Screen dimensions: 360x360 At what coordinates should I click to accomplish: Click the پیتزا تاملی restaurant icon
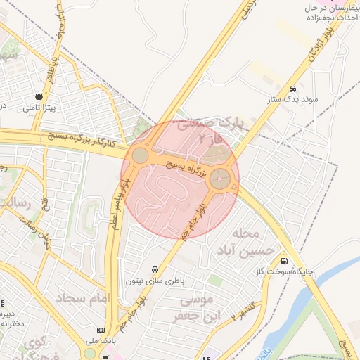tap(39, 97)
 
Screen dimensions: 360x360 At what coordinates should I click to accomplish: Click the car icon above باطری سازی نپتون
tap(154, 269)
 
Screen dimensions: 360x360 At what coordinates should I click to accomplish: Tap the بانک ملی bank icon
tap(101, 330)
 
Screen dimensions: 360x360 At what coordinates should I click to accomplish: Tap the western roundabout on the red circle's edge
tap(141, 155)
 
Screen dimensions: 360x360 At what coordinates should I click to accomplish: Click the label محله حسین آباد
tap(239, 241)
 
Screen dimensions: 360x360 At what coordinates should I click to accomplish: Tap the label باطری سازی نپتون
tap(154, 281)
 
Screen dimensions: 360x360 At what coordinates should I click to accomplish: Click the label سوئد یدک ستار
tap(296, 100)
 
